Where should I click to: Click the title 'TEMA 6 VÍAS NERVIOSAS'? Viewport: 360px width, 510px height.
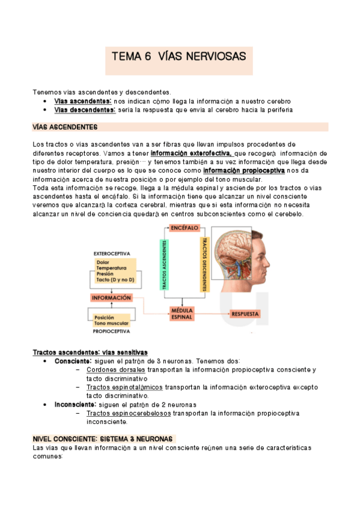(x=179, y=57)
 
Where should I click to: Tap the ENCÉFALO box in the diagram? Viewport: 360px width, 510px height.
(x=185, y=229)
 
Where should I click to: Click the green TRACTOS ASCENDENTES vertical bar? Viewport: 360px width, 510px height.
(x=163, y=265)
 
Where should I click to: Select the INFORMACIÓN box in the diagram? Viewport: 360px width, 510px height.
(x=111, y=298)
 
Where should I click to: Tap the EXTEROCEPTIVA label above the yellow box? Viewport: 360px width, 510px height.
(x=112, y=254)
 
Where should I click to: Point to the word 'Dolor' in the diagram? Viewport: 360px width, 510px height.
(x=103, y=262)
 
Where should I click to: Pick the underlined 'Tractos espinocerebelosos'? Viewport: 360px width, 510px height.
(x=128, y=414)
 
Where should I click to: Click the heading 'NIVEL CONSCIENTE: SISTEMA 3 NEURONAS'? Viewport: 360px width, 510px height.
(x=103, y=440)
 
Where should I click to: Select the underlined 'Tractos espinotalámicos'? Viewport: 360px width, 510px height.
(x=124, y=387)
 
